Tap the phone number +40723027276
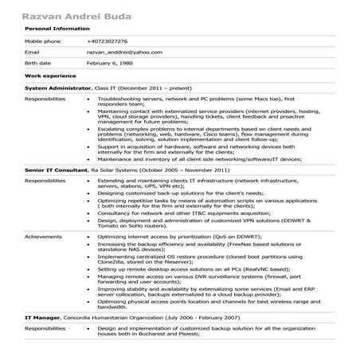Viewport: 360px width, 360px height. [x=107, y=41]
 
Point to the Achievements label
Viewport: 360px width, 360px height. [x=44, y=237]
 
